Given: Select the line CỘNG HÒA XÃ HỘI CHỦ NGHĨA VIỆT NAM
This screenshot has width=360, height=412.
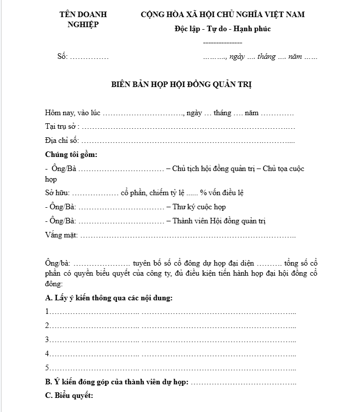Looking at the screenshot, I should click(223, 14).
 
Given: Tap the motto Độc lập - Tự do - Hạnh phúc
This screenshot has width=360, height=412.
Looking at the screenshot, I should click(223, 29).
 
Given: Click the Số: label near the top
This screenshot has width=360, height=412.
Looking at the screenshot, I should click(62, 56).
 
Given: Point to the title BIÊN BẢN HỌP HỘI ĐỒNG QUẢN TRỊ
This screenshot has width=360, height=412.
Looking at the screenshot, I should click(181, 85).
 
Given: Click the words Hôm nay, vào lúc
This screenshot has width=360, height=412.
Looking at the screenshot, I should click(73, 113).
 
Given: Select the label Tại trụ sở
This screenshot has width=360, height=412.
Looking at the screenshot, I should click(61, 127).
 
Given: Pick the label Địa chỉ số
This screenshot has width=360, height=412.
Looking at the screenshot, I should click(61, 140).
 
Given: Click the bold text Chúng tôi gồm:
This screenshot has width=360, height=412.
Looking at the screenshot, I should click(71, 154).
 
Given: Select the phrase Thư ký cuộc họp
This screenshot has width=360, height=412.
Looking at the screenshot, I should click(199, 207).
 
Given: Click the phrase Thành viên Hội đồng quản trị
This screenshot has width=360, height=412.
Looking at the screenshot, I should click(219, 221).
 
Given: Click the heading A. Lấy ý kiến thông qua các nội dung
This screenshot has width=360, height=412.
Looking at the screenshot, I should click(109, 298).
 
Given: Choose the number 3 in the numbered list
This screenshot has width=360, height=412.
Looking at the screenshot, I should click(47, 339).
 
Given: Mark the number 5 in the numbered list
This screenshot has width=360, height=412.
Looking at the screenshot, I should click(47, 367).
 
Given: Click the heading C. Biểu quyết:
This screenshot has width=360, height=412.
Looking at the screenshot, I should click(69, 395).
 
